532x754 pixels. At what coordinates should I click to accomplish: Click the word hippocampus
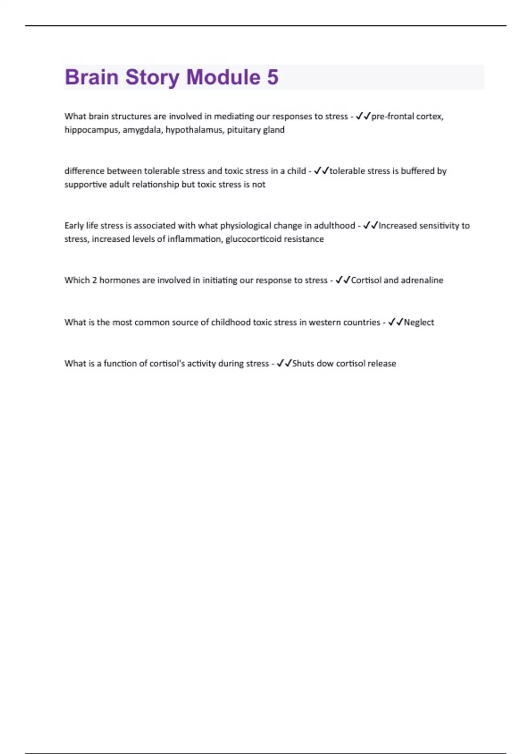(91, 130)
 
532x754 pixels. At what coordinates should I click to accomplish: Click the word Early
(74, 225)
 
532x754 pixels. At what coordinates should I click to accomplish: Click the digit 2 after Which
(94, 280)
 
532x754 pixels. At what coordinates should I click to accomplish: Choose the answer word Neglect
(419, 322)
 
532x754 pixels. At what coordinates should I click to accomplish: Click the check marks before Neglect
(395, 322)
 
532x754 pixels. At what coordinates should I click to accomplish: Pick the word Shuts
(303, 364)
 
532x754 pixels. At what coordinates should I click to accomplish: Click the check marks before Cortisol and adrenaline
(343, 280)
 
